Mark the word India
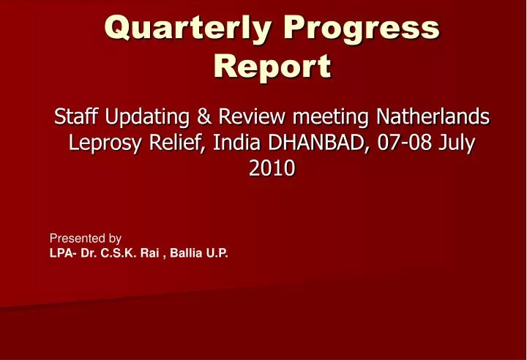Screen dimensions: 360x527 pyautogui.click(x=233, y=143)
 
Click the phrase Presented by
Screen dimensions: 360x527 pyautogui.click(x=85, y=238)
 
